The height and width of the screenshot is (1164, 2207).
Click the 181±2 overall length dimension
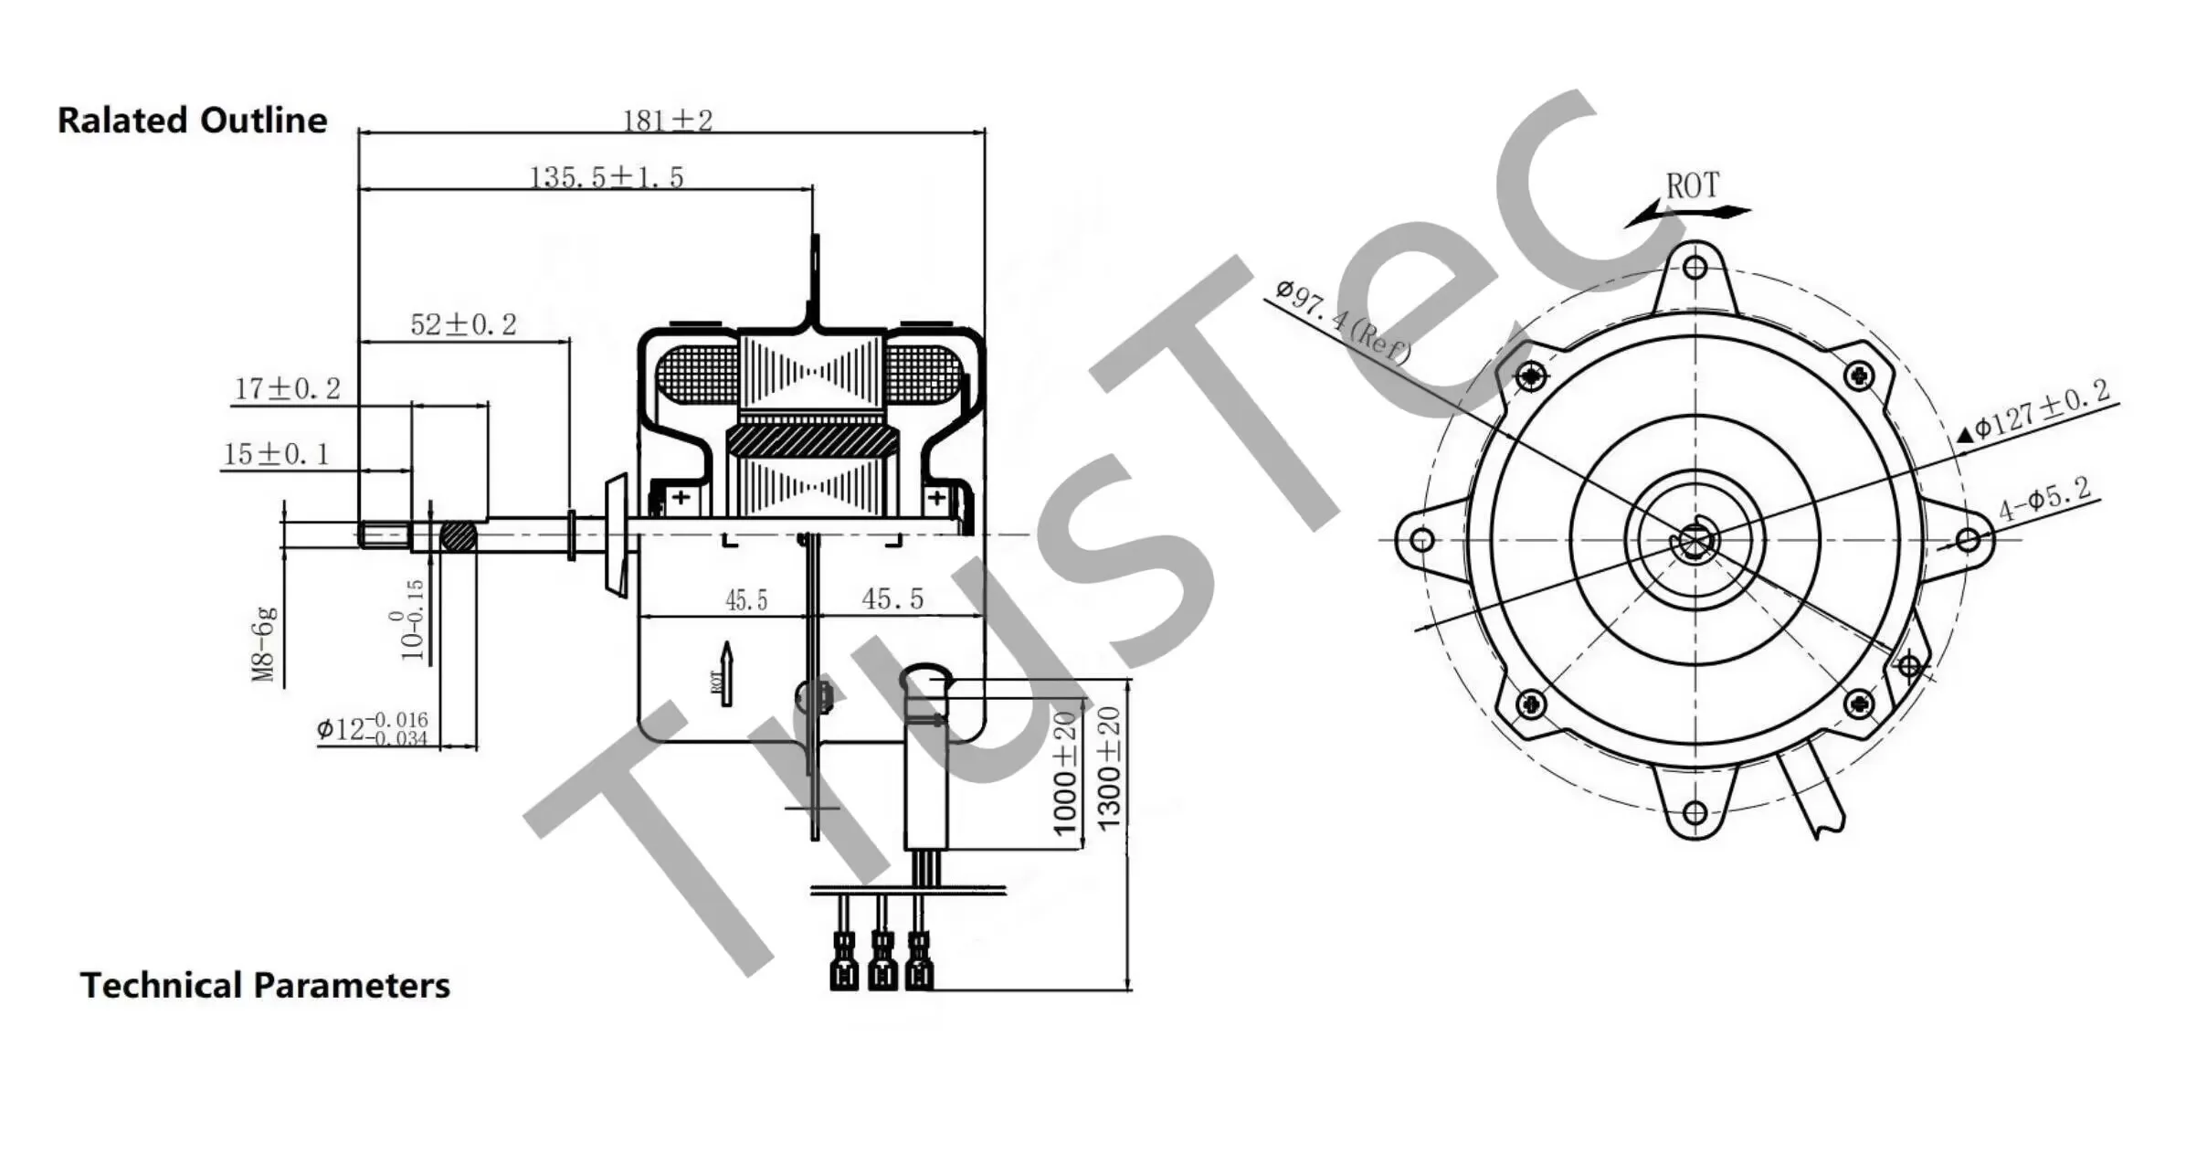[667, 120]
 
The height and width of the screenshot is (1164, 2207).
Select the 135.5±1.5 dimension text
[607, 176]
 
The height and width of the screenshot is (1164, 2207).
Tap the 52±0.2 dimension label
[463, 324]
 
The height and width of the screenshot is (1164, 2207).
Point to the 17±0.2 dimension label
[288, 389]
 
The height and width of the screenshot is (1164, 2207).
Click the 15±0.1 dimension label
[276, 454]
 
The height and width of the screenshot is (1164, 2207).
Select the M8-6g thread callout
[263, 643]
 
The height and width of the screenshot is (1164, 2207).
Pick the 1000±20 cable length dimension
[1065, 775]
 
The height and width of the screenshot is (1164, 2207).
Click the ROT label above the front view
[1692, 186]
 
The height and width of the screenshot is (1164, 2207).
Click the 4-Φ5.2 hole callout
[2044, 499]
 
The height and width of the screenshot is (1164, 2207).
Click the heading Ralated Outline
[192, 121]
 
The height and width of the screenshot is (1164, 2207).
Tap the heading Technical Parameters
[265, 985]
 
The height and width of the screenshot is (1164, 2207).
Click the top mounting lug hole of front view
[1695, 268]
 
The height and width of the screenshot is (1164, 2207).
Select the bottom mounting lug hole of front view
[1695, 812]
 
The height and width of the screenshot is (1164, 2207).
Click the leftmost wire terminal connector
[844, 961]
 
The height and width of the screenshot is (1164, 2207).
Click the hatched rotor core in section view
[811, 440]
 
